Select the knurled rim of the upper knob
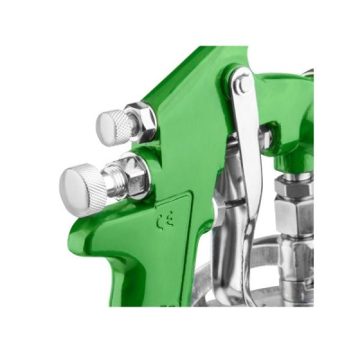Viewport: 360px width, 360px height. pyautogui.click(x=121, y=125)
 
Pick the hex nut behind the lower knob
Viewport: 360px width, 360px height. pyautogui.click(x=139, y=176)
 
